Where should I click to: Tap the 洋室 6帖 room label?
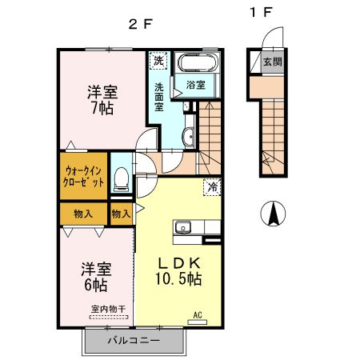click(94, 277)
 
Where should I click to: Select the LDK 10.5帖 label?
click(177, 271)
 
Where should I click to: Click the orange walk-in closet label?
click(82, 176)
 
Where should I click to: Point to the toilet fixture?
click(122, 179)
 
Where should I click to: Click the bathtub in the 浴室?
click(194, 64)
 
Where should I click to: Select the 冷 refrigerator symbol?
click(213, 187)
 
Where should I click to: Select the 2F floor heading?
click(139, 23)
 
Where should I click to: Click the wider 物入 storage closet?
click(82, 214)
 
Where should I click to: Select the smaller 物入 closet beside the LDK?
click(121, 214)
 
